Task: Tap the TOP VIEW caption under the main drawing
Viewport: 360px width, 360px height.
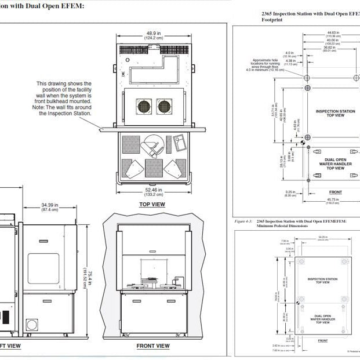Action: [x=152, y=205]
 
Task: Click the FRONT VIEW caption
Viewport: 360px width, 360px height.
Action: [x=153, y=346]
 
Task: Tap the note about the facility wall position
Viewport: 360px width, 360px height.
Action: [x=64, y=99]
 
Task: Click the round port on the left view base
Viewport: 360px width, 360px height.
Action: [x=32, y=324]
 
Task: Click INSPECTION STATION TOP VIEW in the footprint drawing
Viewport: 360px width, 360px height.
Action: [x=335, y=113]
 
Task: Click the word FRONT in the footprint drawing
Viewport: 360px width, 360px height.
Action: [x=336, y=192]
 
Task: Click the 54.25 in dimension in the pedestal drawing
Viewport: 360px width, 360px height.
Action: [x=322, y=237]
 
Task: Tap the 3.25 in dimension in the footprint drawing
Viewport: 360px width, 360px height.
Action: [x=290, y=194]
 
